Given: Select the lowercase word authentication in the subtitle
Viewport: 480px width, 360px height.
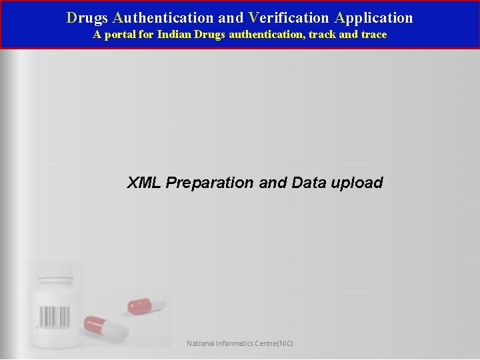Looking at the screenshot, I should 266,35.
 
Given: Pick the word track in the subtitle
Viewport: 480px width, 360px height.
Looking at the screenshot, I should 323,35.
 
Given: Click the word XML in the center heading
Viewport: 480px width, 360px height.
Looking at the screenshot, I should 144,183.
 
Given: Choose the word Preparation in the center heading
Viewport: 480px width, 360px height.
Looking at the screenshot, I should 209,183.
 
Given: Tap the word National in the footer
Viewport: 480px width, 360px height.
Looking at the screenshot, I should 201,344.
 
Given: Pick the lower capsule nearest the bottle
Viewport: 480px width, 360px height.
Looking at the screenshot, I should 105,328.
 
